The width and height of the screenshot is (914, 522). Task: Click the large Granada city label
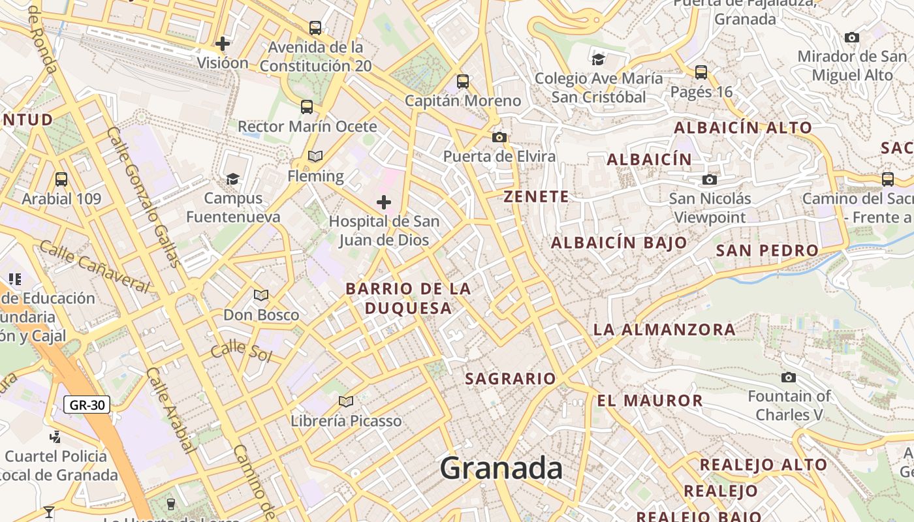tap(501, 468)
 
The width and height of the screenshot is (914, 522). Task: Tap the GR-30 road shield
tap(87, 405)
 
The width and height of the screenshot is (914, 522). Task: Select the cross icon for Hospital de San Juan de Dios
tap(384, 202)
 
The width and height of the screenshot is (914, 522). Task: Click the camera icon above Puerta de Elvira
tap(499, 137)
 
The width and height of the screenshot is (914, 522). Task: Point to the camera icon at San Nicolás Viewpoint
tap(710, 179)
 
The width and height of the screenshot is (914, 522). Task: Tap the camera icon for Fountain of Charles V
tap(789, 377)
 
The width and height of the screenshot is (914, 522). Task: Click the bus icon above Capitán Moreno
tap(463, 82)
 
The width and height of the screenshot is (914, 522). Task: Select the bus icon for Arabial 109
tap(61, 179)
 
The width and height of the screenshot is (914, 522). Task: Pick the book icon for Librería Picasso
tap(346, 401)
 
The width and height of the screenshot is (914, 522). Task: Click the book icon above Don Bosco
tap(261, 296)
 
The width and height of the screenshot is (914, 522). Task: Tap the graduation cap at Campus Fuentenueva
tap(232, 179)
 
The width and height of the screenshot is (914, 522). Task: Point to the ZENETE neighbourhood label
tap(536, 196)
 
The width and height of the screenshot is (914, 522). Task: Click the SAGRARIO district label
tap(510, 378)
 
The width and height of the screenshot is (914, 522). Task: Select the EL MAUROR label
tap(650, 401)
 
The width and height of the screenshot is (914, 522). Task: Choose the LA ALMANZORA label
tap(664, 330)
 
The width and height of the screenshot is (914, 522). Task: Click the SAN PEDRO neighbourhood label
tap(767, 251)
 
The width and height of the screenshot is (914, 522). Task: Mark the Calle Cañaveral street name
tap(95, 266)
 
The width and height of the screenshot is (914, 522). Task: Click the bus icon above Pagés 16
tap(701, 72)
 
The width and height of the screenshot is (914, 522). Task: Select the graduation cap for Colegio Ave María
tap(598, 60)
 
